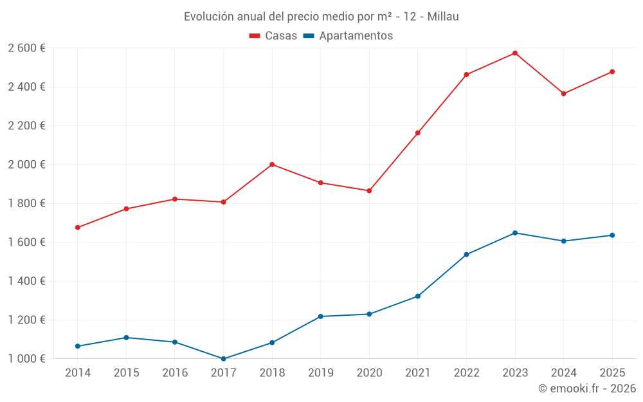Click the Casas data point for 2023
(515, 53)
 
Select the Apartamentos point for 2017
(223, 359)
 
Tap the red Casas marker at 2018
(272, 165)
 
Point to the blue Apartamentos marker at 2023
(515, 233)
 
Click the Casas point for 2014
(78, 228)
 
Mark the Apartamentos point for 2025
(612, 235)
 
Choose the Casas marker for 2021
(418, 133)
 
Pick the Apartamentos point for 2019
(320, 316)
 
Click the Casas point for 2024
(564, 94)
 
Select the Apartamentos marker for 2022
(466, 255)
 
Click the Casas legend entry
(273, 36)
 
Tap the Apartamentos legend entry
(348, 36)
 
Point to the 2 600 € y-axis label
(26, 48)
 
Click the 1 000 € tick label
(26, 359)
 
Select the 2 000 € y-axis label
(26, 165)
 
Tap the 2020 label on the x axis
(369, 373)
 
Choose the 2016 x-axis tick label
(175, 373)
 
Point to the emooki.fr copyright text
(586, 388)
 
